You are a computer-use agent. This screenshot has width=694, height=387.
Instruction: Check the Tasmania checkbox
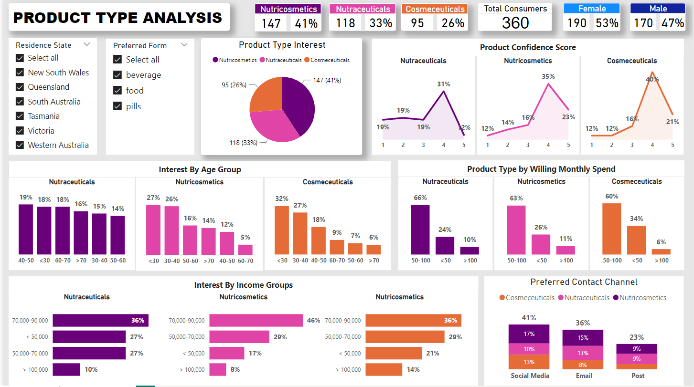pyautogui.click(x=20, y=116)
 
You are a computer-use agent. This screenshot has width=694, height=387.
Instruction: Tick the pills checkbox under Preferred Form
pyautogui.click(x=117, y=106)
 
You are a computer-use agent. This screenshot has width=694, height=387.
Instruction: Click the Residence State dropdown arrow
pyautogui.click(x=87, y=44)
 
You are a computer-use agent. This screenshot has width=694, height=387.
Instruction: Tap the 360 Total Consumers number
pyautogui.click(x=515, y=22)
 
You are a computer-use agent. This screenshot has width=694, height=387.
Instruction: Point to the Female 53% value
pyautogui.click(x=607, y=23)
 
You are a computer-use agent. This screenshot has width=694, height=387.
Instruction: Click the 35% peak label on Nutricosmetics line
pyautogui.click(x=548, y=76)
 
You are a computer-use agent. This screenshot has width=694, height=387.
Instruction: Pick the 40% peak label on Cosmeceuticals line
pyautogui.click(x=652, y=79)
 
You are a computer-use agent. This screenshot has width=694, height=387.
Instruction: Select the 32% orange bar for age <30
pyautogui.click(x=282, y=230)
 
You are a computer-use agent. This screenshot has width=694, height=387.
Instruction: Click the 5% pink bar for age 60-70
pyautogui.click(x=245, y=250)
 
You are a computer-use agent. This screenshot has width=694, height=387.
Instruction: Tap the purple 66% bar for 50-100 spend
pyautogui.click(x=420, y=230)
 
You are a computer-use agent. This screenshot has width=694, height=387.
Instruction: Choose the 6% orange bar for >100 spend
pyautogui.click(x=661, y=251)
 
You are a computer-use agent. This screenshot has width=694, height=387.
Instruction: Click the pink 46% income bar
pyautogui.click(x=256, y=320)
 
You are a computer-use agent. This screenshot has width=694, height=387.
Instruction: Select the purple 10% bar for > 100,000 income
pyautogui.click(x=66, y=369)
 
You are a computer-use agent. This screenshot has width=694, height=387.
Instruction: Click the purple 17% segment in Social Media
pyautogui.click(x=529, y=334)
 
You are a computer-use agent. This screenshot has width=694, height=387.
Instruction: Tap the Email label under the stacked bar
pyautogui.click(x=584, y=376)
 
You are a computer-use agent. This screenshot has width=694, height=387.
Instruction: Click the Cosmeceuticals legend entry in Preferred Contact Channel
pyautogui.click(x=527, y=298)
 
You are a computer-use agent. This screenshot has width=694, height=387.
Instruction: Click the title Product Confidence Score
pyautogui.click(x=528, y=47)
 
